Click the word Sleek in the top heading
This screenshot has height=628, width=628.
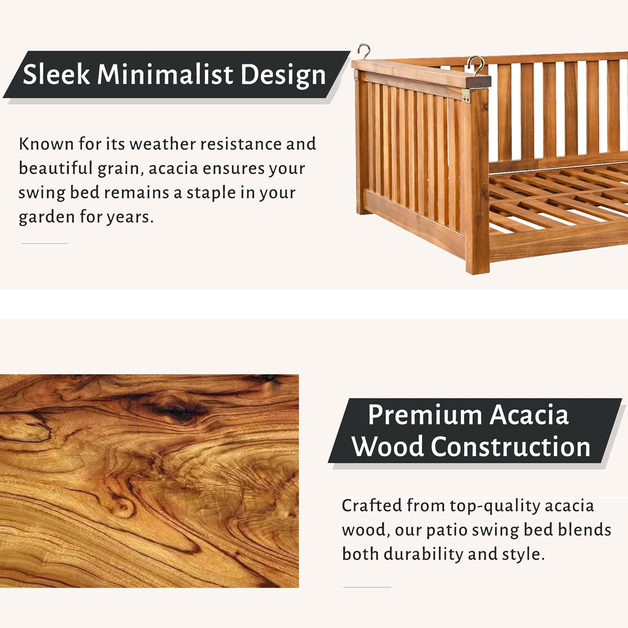pyautogui.click(x=56, y=75)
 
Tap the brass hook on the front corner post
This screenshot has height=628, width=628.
pyautogui.click(x=476, y=66)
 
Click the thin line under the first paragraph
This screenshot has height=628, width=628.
pyautogui.click(x=45, y=243)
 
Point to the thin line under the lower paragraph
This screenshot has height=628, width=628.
pyautogui.click(x=367, y=587)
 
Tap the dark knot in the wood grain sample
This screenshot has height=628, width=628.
pyautogui.click(x=176, y=407)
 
